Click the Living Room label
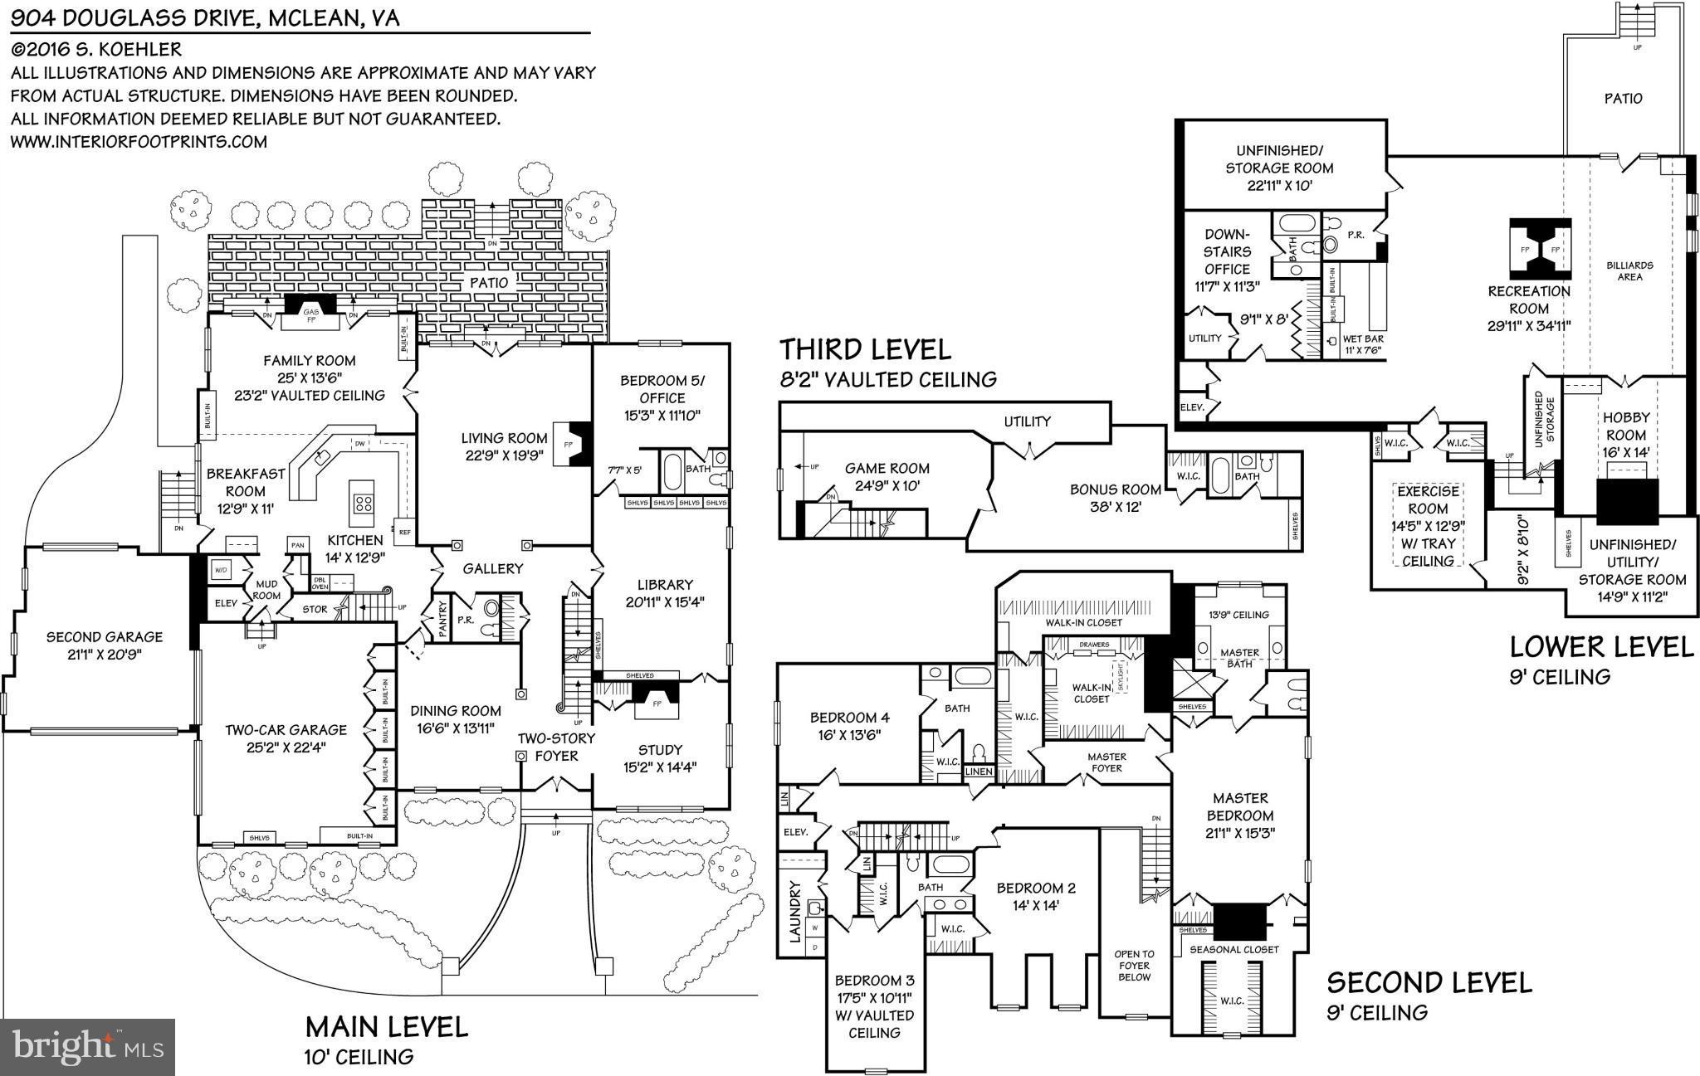point(505,438)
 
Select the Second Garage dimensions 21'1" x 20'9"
point(104,654)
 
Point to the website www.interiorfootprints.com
point(139,142)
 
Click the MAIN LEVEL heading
point(387,1027)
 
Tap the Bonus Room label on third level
point(1115,489)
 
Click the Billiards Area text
point(1629,271)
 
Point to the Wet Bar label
point(1362,339)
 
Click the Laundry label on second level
point(796,910)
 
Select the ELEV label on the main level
point(226,603)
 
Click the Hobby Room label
point(1625,426)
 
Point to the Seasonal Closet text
point(1234,949)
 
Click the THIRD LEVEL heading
point(864,350)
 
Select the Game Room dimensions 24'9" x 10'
point(887,487)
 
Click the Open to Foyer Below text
point(1134,966)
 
